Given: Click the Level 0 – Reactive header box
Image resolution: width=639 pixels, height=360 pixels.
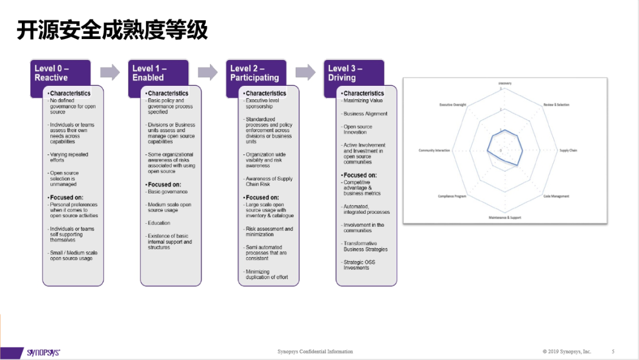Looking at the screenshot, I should point(60,73).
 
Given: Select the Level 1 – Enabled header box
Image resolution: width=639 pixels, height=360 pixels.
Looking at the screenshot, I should point(158,73).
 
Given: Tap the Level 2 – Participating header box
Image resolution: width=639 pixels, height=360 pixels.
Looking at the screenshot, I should point(256,73).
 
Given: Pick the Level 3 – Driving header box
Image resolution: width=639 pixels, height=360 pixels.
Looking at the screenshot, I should point(354,73).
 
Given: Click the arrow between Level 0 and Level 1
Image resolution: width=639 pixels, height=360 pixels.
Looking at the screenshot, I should point(110,73).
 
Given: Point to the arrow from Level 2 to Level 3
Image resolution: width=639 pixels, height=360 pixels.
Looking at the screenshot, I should point(305,73).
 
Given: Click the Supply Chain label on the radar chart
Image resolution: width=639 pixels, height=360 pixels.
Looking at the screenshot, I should point(568,150).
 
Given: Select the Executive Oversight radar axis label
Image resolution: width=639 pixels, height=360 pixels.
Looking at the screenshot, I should point(453,105).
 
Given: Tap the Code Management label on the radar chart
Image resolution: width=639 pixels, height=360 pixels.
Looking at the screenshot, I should point(556,197).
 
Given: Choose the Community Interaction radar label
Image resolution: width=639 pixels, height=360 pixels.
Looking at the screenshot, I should point(434,150).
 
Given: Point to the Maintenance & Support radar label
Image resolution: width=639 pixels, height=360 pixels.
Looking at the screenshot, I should point(505,217).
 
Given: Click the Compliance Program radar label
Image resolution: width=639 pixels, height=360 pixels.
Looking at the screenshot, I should point(453,197).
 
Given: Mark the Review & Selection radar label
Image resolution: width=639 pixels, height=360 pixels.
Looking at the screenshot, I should point(556,105).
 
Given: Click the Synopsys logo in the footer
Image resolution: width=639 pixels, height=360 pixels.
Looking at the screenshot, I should point(43,352).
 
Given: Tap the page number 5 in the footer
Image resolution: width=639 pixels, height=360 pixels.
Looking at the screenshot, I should point(613,351).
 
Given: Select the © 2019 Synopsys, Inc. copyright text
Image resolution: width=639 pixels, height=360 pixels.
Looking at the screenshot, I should point(567,351).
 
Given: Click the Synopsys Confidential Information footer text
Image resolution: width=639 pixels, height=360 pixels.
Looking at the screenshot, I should point(315,351).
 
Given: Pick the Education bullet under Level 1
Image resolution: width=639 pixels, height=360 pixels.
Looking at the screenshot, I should point(159,223).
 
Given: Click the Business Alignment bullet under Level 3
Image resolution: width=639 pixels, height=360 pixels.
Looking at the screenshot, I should point(366,114).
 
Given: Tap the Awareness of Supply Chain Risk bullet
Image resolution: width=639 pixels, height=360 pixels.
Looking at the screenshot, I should point(269,181).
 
